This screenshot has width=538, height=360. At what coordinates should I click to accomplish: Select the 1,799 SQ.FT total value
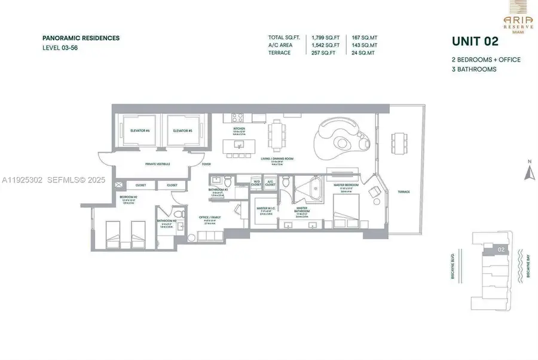(x=325, y=38)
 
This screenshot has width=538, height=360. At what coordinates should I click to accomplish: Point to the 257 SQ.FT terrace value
(x=323, y=53)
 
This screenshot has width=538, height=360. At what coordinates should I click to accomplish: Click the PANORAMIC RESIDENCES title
(x=81, y=38)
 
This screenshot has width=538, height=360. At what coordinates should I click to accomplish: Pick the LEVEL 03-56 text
(x=60, y=48)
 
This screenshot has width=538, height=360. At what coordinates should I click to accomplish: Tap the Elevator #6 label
(x=139, y=130)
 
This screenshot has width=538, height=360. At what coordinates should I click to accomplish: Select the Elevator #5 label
(x=182, y=130)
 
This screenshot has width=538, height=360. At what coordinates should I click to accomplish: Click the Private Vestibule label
(x=158, y=163)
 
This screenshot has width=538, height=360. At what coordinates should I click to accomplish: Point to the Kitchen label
(x=239, y=129)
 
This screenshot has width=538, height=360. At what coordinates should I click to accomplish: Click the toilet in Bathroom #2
(x=178, y=213)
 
